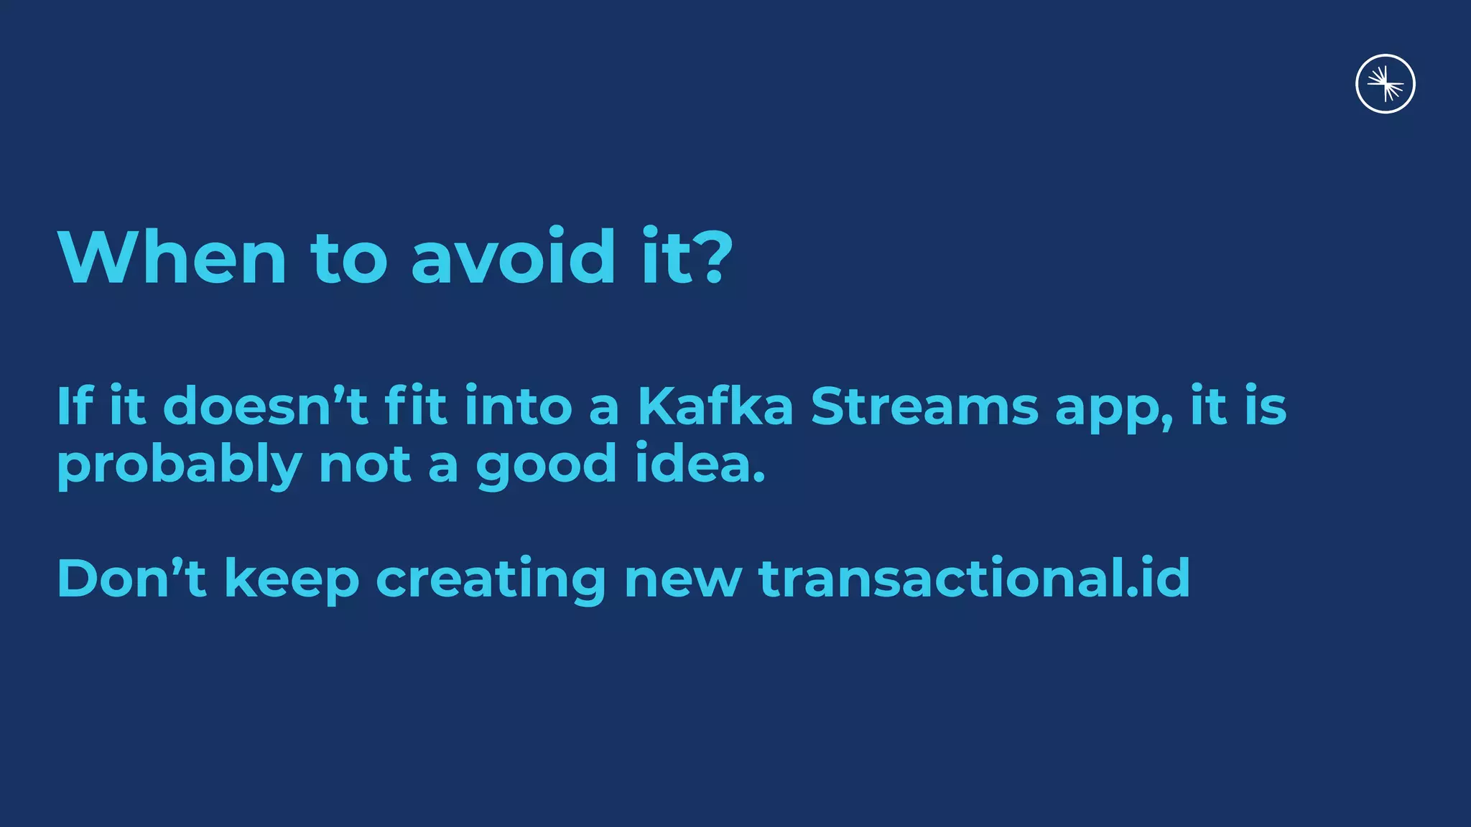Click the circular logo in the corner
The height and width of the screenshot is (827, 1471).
click(1385, 84)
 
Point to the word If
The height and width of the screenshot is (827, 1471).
click(75, 406)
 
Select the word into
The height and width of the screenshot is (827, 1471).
click(518, 406)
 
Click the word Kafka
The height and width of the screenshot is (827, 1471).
click(715, 406)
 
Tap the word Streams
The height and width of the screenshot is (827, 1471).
click(924, 406)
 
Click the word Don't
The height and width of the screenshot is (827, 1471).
click(131, 578)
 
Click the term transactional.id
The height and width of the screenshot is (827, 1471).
click(975, 578)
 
